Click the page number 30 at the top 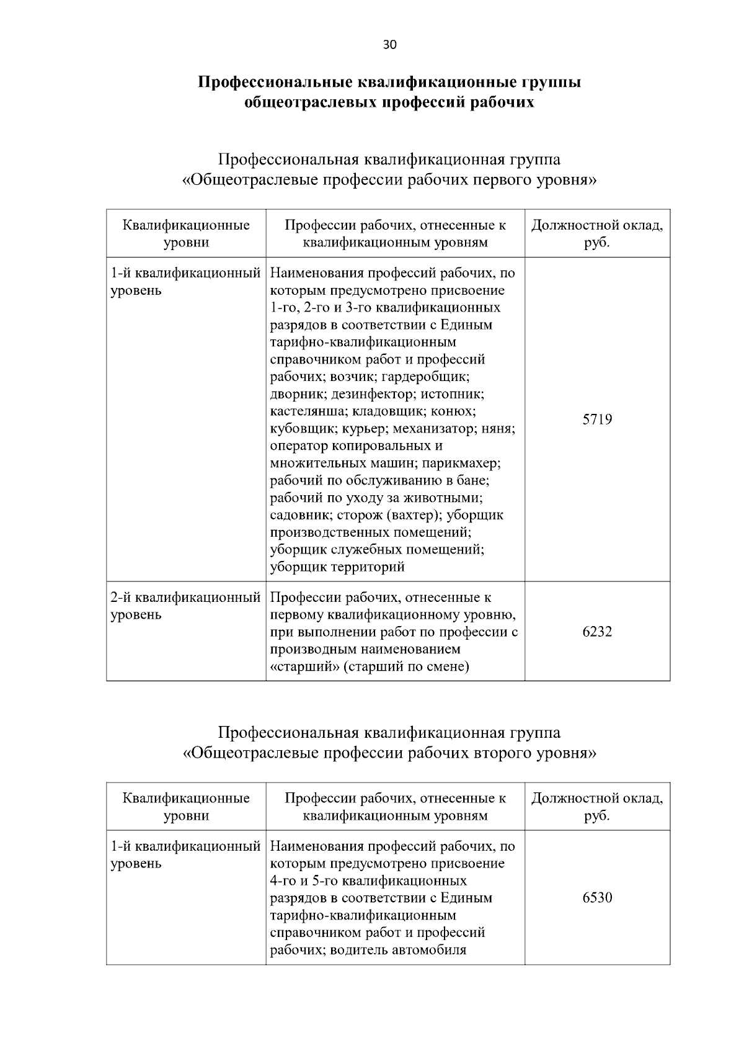coord(390,45)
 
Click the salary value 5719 coord(597,419)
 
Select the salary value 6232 coord(597,632)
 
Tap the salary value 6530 coord(597,898)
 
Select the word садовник coord(299,515)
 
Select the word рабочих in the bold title coord(499,102)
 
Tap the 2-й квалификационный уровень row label coord(185,606)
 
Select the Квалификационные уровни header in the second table coord(186,807)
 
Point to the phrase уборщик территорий coord(337,567)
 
